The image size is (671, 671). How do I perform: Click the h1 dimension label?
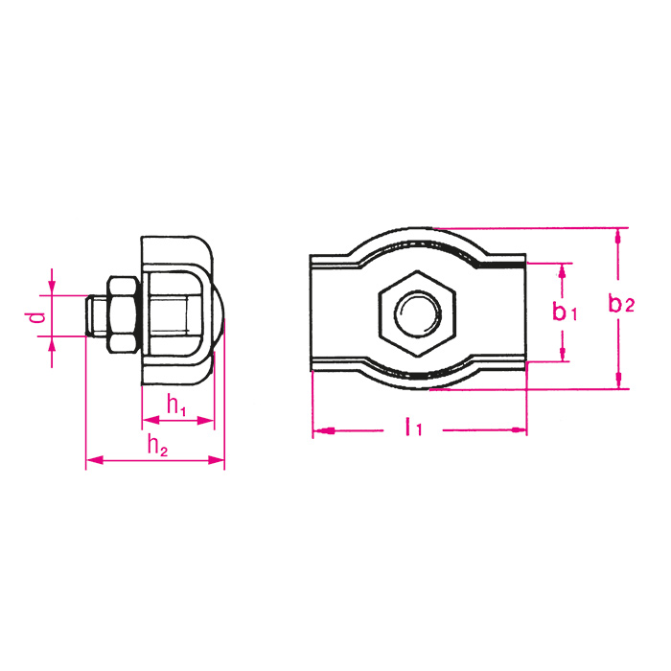pyautogui.click(x=175, y=405)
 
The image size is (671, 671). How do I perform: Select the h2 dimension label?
pyautogui.click(x=157, y=446)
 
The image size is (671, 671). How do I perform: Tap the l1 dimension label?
pyautogui.click(x=413, y=427)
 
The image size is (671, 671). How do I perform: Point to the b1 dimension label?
pyautogui.click(x=566, y=312)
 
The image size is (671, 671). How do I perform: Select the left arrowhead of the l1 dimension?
pyautogui.click(x=324, y=431)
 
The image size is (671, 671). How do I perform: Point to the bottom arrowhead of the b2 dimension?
pyautogui.click(x=619, y=381)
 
